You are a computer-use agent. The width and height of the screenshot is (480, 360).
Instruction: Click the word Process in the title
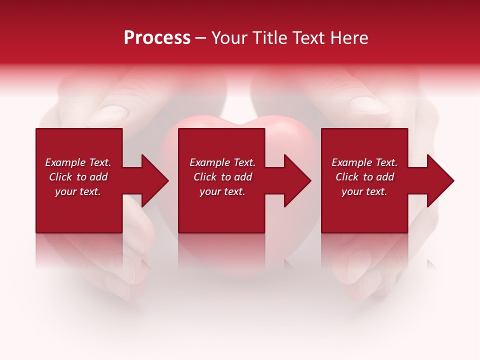pyautogui.click(x=157, y=38)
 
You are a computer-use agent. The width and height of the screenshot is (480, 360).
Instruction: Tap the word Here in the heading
pyautogui.click(x=349, y=38)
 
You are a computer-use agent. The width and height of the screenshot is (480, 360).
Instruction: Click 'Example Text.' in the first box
pyautogui.click(x=78, y=162)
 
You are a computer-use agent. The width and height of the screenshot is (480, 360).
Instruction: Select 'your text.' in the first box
pyautogui.click(x=78, y=191)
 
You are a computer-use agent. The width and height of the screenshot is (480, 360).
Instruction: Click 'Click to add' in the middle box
pyautogui.click(x=222, y=177)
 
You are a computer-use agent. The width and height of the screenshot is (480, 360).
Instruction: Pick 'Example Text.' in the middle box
pyautogui.click(x=222, y=162)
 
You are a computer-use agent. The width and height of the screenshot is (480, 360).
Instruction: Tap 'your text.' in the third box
pyautogui.click(x=364, y=191)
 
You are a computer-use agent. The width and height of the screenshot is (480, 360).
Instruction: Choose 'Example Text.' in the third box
pyautogui.click(x=364, y=162)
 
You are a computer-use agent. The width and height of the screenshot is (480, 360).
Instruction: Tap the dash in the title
pyautogui.click(x=201, y=38)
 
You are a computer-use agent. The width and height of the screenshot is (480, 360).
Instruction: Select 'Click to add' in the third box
pyautogui.click(x=364, y=177)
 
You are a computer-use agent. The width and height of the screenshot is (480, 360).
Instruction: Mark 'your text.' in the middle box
pyautogui.click(x=222, y=191)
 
